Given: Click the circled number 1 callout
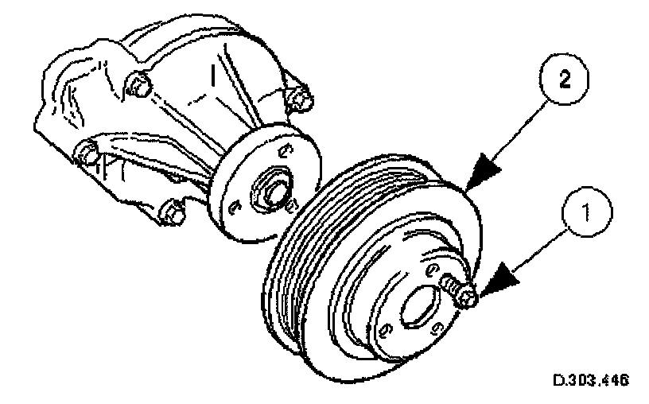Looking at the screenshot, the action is point(586,212).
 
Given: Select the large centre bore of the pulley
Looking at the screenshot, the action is point(419,308).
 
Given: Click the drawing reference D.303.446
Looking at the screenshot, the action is point(590,380).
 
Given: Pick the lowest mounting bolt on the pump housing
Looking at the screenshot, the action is point(169,212).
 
